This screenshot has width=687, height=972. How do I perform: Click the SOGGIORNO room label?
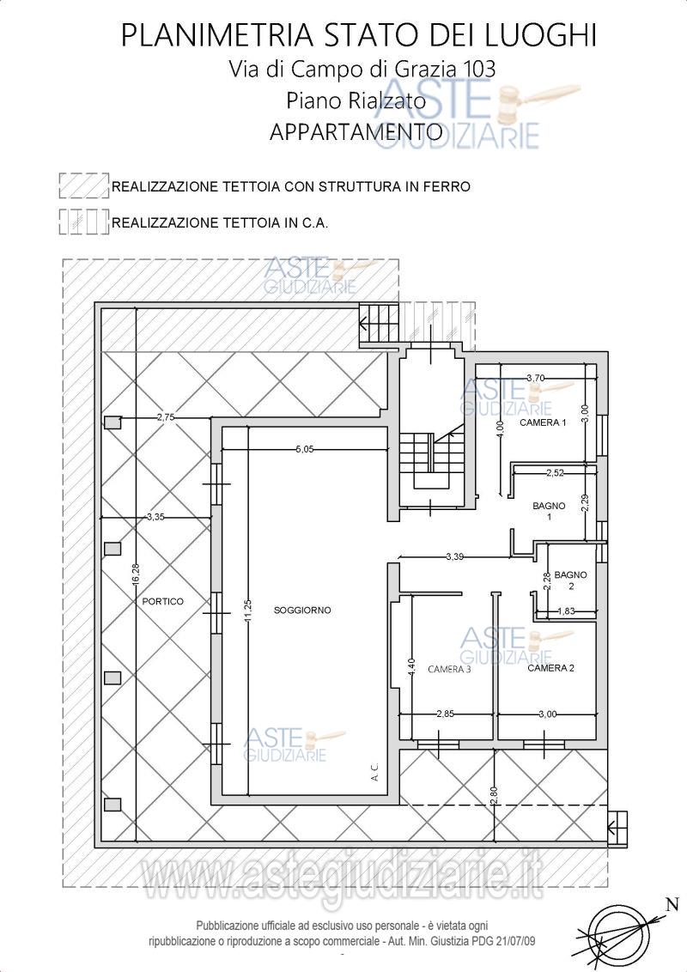click(302, 610)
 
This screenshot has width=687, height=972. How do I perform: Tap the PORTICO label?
click(162, 601)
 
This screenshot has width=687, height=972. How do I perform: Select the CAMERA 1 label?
click(543, 422)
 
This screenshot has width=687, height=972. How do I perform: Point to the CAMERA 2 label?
click(550, 668)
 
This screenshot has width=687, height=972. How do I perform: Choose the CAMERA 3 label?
click(449, 669)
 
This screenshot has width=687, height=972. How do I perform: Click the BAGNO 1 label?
click(549, 511)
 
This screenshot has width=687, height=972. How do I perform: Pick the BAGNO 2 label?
click(570, 580)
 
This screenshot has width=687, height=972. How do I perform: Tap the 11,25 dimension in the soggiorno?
click(247, 613)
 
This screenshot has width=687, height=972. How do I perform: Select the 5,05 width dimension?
click(305, 449)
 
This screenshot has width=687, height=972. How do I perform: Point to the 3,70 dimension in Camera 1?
click(536, 378)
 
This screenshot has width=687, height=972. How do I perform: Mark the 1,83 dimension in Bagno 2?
click(566, 611)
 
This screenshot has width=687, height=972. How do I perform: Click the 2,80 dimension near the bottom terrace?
click(494, 795)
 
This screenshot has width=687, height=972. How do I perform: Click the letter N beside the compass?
click(672, 904)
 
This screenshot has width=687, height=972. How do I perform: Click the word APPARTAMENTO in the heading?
click(356, 131)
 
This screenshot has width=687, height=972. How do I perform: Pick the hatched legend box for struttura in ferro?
click(84, 185)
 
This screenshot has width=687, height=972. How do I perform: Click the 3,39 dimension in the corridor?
click(454, 556)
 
